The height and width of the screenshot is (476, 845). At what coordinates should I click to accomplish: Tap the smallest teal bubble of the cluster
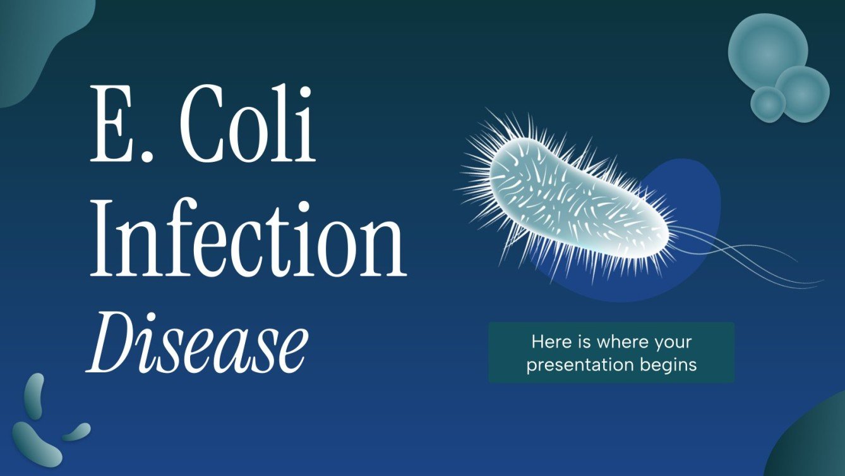(x=767, y=103)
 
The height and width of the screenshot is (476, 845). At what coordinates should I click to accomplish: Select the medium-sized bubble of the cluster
(x=802, y=94)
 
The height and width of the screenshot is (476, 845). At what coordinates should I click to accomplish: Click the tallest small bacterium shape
(x=34, y=396)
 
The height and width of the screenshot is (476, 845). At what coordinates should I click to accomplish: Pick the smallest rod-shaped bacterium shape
(x=76, y=432)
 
